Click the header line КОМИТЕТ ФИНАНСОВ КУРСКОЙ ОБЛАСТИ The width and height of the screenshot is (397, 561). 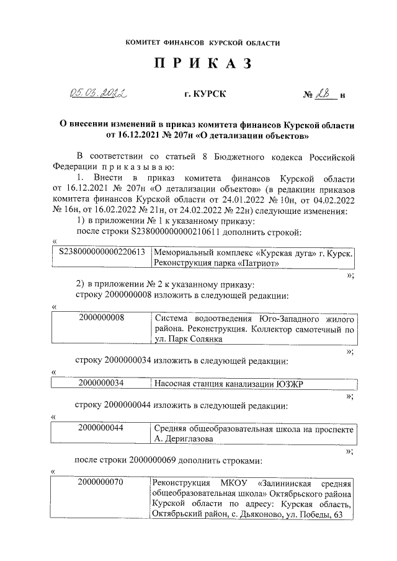coord(203,43)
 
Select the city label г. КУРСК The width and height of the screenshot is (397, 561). coord(205,94)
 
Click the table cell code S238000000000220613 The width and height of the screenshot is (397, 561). coord(102,252)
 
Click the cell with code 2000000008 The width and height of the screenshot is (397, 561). coord(102,318)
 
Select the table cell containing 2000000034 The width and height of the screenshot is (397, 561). coord(102,383)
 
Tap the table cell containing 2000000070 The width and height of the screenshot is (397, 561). coord(102,482)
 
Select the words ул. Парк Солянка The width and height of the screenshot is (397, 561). coord(187,339)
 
